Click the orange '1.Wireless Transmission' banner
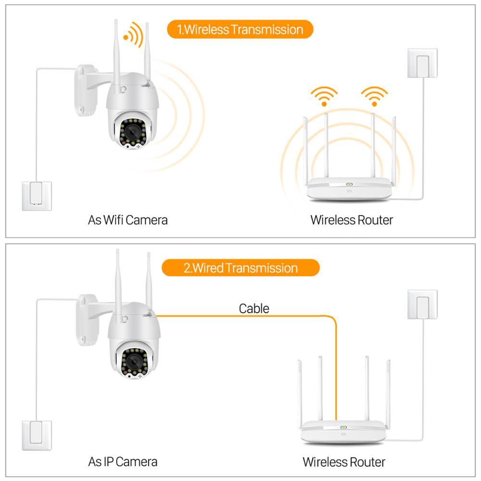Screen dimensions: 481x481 click(x=240, y=29)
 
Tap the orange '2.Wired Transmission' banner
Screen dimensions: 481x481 click(x=240, y=267)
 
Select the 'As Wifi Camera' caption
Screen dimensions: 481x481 click(x=128, y=220)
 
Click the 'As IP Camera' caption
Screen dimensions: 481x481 click(x=123, y=462)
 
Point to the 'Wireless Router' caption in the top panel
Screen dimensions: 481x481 click(x=352, y=220)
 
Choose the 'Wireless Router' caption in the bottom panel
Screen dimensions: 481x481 click(x=344, y=462)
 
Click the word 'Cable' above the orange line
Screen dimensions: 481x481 click(x=254, y=308)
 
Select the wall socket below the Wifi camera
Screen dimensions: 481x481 click(x=37, y=195)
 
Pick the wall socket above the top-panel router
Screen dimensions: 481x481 click(x=422, y=63)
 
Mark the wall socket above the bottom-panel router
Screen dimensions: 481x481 click(x=422, y=304)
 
